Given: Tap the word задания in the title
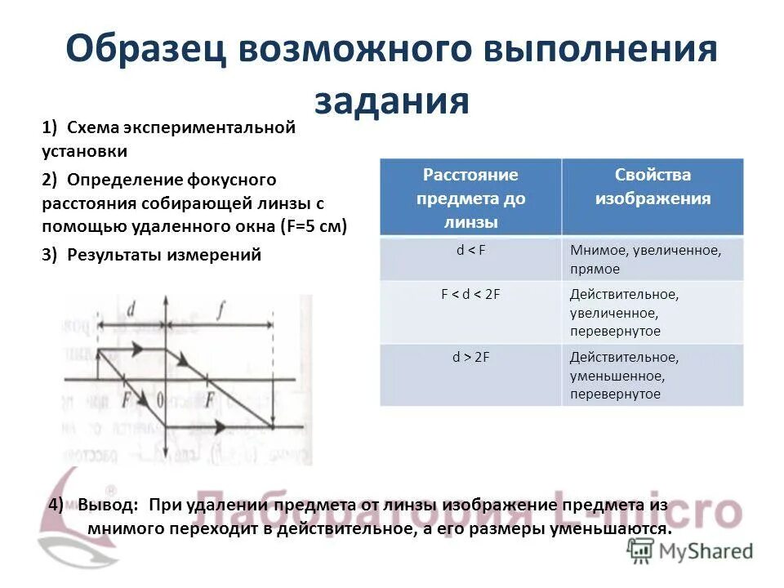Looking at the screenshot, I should [391, 102].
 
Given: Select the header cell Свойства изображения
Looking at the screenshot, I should [652, 187].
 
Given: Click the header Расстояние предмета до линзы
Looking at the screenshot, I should [470, 198].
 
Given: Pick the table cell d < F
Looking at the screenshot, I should [470, 251].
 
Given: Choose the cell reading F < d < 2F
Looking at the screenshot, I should [470, 294].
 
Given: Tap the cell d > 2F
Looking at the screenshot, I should [470, 357].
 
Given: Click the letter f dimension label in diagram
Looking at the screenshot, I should [220, 309].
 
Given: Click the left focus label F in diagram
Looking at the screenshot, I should [127, 400].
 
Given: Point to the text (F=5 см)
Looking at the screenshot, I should [314, 226].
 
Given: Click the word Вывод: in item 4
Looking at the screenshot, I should [109, 504].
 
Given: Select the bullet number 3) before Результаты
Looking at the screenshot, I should [50, 255].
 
